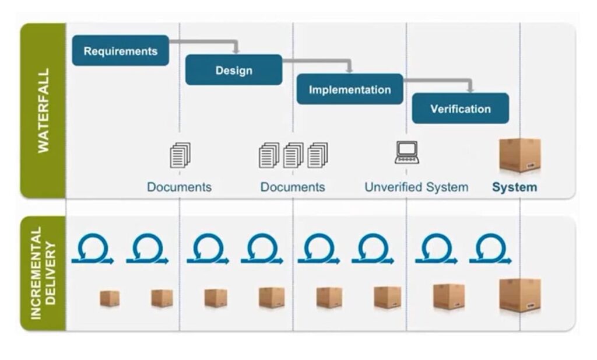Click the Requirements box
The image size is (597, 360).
click(x=120, y=51)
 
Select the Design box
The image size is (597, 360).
click(x=234, y=70)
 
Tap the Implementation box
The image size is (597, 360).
click(x=349, y=89)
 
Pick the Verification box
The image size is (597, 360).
click(x=460, y=109)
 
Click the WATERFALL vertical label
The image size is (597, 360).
click(x=43, y=110)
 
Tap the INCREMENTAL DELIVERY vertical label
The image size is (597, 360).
click(x=43, y=273)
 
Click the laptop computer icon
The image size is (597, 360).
click(x=406, y=152)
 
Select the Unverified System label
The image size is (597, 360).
click(x=416, y=187)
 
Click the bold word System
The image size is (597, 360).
click(x=514, y=187)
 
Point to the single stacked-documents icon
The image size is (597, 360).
click(x=180, y=155)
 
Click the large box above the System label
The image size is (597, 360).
click(x=519, y=155)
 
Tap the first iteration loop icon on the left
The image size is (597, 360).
click(x=92, y=250)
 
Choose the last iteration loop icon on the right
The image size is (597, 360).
click(x=490, y=250)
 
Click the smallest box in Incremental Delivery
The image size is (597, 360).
click(x=110, y=298)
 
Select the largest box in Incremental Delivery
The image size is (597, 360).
click(x=519, y=295)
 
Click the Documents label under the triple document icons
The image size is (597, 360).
click(x=293, y=187)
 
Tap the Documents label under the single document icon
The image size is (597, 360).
click(x=179, y=187)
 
